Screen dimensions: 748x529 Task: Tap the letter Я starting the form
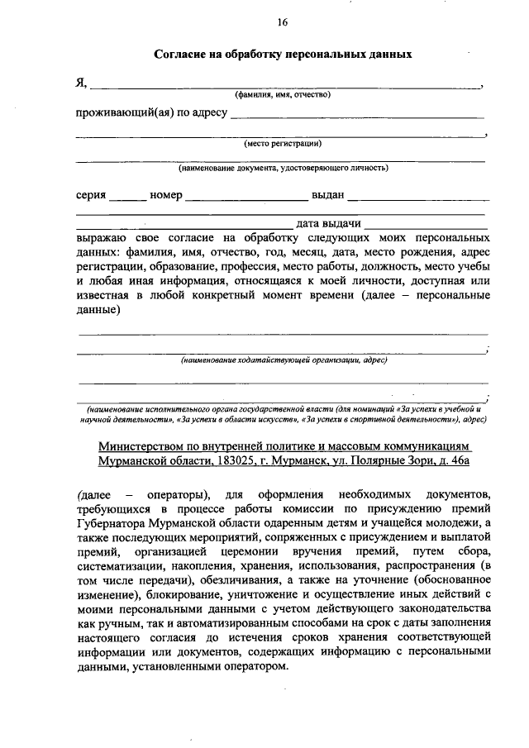79,83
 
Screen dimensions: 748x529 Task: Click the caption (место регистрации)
282,144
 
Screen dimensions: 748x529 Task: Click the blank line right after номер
246,198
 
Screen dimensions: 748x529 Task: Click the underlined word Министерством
141,445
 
